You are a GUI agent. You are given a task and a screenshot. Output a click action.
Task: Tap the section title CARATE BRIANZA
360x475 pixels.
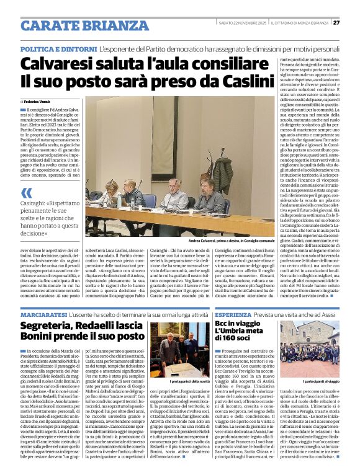76,25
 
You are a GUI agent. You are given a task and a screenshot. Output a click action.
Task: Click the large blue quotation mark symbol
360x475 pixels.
27,193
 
